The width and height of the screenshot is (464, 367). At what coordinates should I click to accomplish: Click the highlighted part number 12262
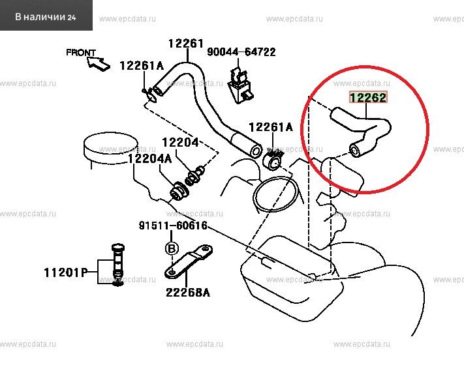pyautogui.click(x=368, y=97)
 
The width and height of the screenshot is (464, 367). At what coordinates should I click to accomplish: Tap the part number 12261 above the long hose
pyautogui.click(x=186, y=44)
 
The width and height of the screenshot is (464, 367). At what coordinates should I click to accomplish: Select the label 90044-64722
pyautogui.click(x=241, y=52)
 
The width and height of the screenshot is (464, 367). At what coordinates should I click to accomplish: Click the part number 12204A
pyautogui.click(x=149, y=159)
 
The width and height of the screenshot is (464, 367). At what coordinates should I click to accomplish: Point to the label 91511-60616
pyautogui.click(x=173, y=226)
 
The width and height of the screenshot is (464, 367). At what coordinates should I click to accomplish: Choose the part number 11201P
pyautogui.click(x=66, y=272)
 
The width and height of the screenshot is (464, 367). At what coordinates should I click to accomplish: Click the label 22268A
pyautogui.click(x=188, y=293)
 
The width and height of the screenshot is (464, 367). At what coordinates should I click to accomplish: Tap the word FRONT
pyautogui.click(x=81, y=53)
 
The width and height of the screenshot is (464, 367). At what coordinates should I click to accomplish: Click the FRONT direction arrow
pyautogui.click(x=99, y=64)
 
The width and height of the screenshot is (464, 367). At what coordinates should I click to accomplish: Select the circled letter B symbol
pyautogui.click(x=172, y=249)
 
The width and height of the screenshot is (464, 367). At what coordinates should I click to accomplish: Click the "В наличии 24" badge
pyautogui.click(x=46, y=16)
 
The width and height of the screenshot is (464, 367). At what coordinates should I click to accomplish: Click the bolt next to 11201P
pyautogui.click(x=117, y=265)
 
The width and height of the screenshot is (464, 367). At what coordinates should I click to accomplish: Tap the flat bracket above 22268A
pyautogui.click(x=188, y=262)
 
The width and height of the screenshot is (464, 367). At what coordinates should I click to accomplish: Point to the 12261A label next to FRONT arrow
pyautogui.click(x=142, y=66)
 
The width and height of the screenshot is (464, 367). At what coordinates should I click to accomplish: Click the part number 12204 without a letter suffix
pyautogui.click(x=180, y=142)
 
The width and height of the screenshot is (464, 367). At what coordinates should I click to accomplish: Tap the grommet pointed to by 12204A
pyautogui.click(x=179, y=192)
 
